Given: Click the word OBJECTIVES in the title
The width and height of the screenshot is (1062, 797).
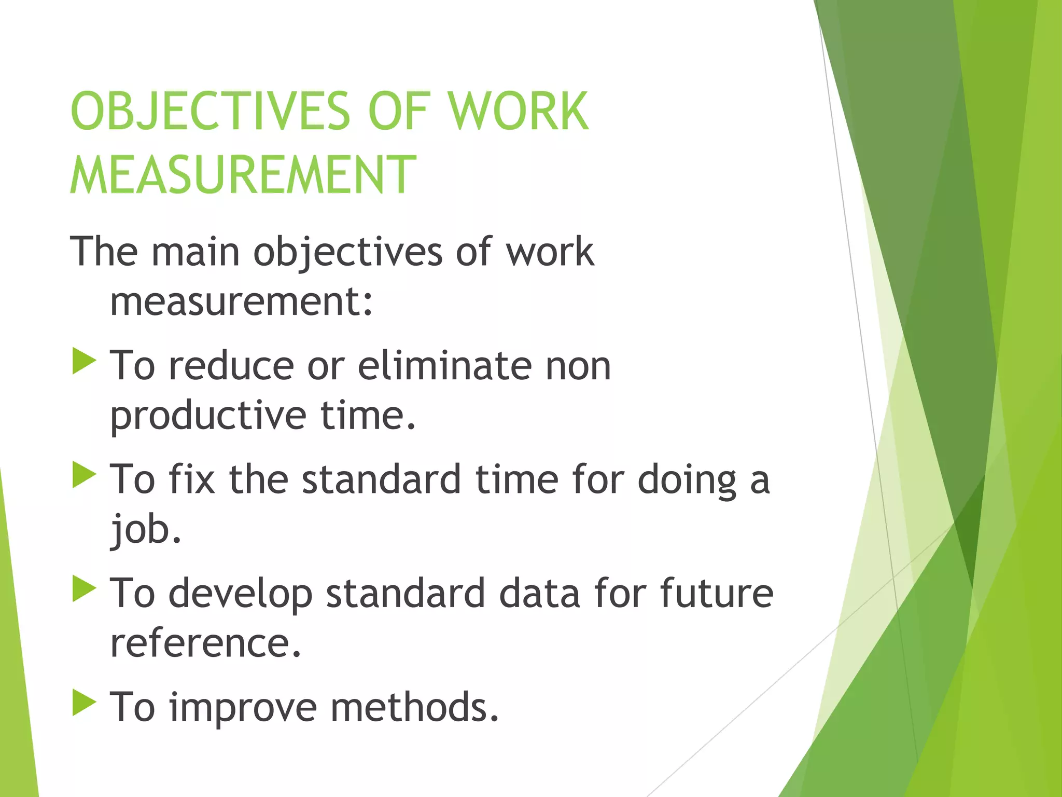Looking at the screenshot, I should pos(210,111).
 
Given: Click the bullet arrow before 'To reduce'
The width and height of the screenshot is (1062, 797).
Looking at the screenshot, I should pos(84,361).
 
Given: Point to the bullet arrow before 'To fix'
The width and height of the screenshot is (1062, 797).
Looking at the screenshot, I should pos(84,475).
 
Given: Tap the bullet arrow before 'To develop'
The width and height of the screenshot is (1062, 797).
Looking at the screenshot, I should pos(84,588).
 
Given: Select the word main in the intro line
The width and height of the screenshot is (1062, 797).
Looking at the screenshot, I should pos(195,252).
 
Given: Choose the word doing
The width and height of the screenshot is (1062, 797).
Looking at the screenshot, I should pos(687,479).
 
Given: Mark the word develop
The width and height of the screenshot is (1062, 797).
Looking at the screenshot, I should pos(241,594).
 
